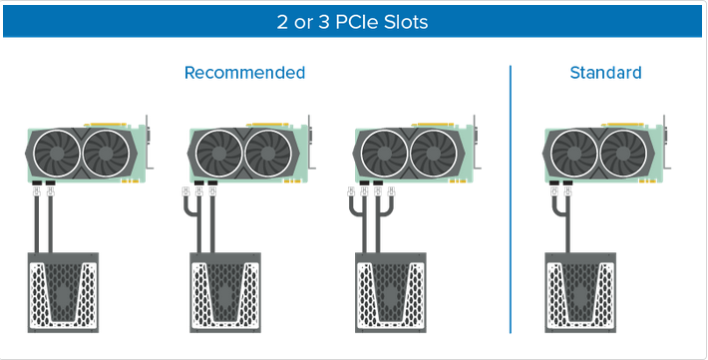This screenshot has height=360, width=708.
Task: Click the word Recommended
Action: (x=244, y=73)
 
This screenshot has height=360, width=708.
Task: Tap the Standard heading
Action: (x=605, y=73)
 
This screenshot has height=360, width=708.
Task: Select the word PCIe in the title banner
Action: (x=357, y=22)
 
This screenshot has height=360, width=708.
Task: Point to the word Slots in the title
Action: (x=406, y=22)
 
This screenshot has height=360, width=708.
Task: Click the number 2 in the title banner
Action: (x=282, y=22)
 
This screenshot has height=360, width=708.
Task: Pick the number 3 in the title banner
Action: (x=324, y=22)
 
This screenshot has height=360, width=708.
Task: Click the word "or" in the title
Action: (x=303, y=23)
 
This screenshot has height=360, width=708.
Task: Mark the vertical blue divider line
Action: (x=511, y=199)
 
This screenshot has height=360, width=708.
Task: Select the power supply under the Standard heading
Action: (x=580, y=293)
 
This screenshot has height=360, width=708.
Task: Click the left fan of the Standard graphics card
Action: (x=574, y=154)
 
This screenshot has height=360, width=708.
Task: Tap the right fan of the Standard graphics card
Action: (x=623, y=154)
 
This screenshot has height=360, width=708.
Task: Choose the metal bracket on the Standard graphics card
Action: (x=666, y=143)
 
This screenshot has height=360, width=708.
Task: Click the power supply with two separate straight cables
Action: (x=63, y=293)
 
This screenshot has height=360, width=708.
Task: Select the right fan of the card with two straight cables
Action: (x=106, y=154)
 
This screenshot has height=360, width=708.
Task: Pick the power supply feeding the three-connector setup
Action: (x=224, y=293)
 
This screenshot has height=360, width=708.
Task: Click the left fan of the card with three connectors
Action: (x=220, y=154)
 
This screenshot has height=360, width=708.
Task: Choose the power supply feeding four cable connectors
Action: (x=391, y=293)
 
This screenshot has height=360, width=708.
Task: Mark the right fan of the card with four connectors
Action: (x=434, y=154)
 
